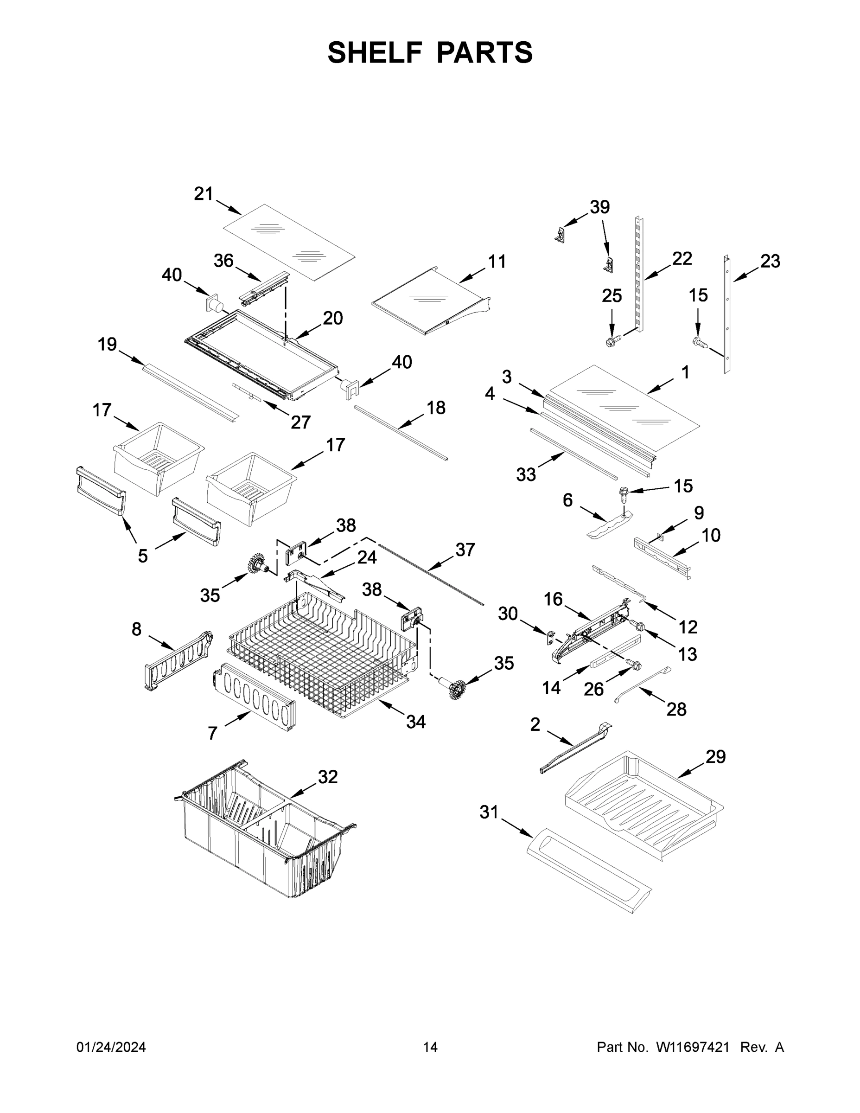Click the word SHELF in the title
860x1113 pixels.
375,52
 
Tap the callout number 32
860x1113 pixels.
328,777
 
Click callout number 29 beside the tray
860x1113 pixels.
715,756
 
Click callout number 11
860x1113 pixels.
497,262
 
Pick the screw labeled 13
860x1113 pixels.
637,625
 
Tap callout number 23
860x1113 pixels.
770,261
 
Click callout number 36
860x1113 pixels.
223,261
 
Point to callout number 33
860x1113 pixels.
526,474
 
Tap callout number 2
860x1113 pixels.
535,724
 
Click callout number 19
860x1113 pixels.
107,345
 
